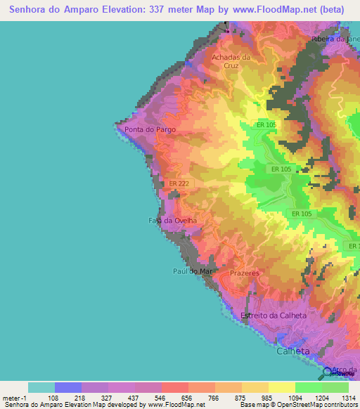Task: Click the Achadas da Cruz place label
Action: pos(231,61)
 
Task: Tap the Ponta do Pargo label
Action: pos(150,130)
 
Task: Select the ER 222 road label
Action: pos(180,183)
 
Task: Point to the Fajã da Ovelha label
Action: pos(172,221)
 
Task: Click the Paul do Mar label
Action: pos(192,271)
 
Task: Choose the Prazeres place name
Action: pos(245,273)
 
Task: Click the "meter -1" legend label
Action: pos(14,397)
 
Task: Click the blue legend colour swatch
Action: pos(68,387)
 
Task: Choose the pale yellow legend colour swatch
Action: pos(282,387)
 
